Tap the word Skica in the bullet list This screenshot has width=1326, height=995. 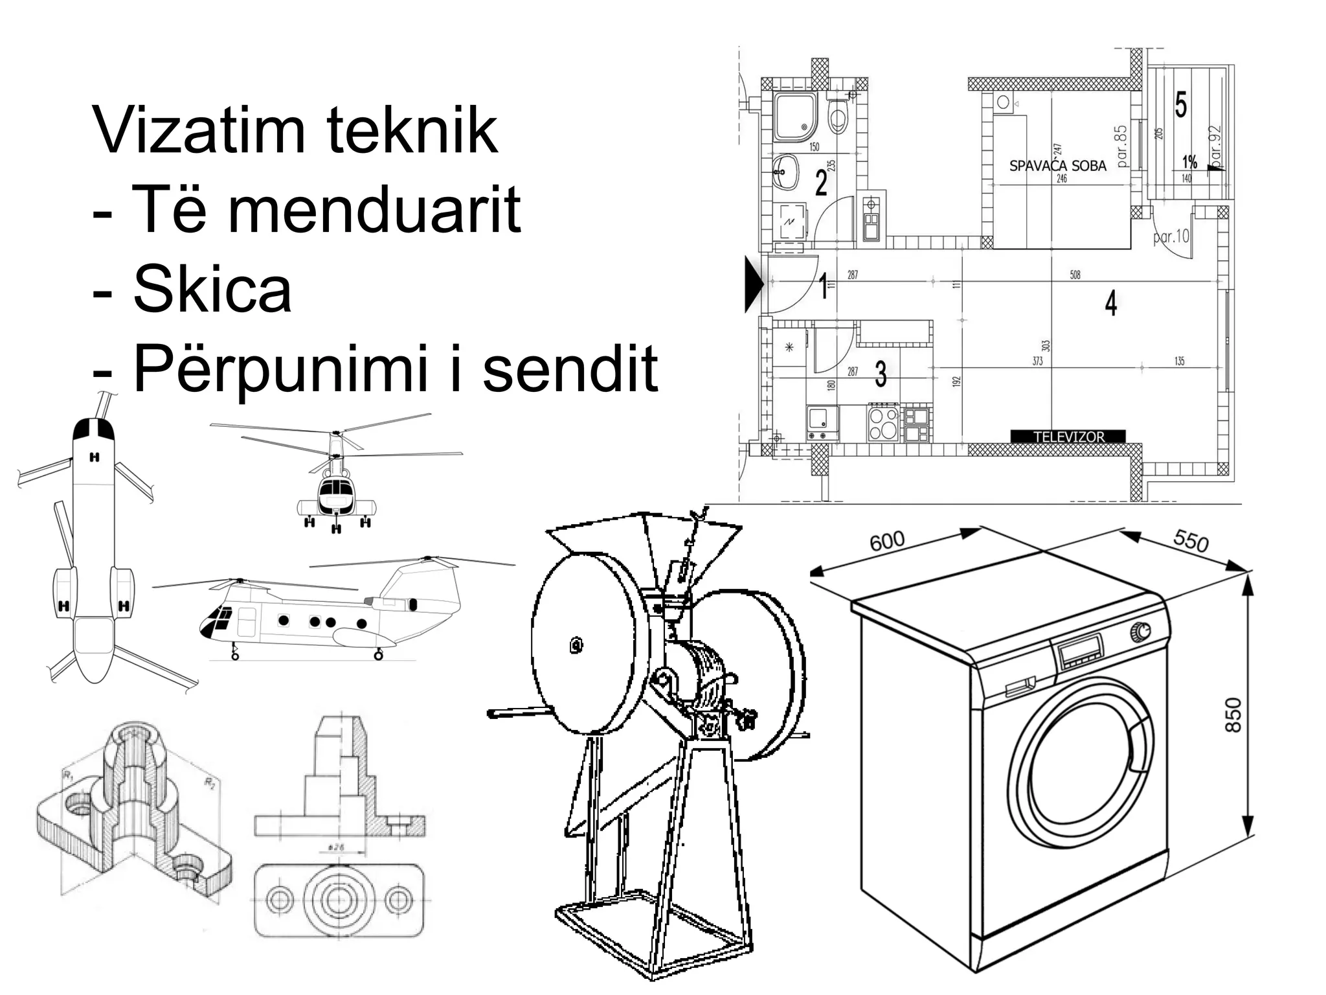(x=212, y=290)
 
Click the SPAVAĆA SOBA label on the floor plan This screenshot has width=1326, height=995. (x=1057, y=166)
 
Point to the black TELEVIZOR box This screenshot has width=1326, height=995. (x=1068, y=437)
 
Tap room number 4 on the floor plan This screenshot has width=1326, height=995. (x=1111, y=303)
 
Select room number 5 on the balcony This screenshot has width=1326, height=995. (x=1180, y=105)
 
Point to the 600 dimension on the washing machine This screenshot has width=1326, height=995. (x=886, y=541)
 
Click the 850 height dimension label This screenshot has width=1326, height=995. (x=1233, y=715)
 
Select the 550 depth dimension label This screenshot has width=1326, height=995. (x=1191, y=540)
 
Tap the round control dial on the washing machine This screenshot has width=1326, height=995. (x=1140, y=631)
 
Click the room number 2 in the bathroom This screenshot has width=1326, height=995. (x=821, y=183)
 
